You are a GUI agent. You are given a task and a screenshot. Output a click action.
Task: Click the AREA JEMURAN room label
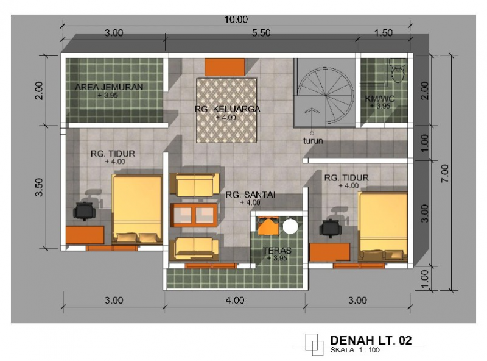110,87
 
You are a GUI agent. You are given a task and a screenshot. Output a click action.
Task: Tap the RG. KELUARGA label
228,109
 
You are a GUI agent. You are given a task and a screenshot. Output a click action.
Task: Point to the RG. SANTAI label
250,195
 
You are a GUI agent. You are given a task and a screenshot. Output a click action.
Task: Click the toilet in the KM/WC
399,71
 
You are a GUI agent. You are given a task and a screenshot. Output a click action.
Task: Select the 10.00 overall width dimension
236,20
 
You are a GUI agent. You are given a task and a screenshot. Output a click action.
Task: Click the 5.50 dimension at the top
261,34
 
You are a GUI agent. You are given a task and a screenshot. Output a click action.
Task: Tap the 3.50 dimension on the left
40,187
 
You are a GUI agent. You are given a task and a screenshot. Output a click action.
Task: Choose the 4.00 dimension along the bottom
234,300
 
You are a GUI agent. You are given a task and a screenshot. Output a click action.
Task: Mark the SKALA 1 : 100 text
355,351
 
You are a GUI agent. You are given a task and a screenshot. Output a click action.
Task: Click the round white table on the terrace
290,227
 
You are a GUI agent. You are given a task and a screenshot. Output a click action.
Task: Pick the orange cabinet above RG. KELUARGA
225,66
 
